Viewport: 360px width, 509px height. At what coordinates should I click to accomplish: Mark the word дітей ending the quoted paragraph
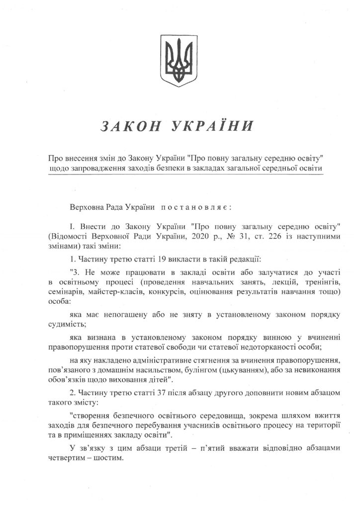pos(156,380)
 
